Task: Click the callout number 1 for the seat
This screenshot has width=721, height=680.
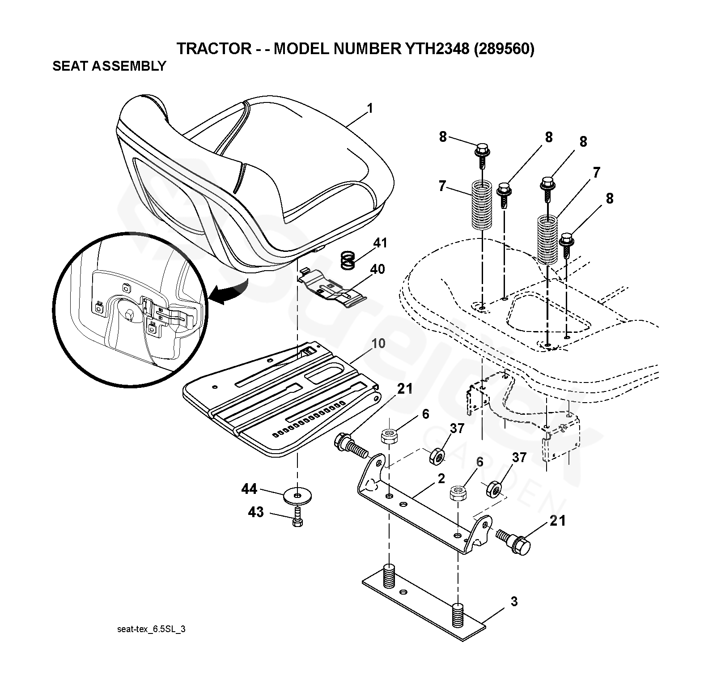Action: coord(369,108)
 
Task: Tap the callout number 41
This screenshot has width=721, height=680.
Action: coord(380,243)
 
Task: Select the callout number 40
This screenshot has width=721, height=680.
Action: coord(377,269)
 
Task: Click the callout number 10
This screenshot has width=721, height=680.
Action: coord(378,344)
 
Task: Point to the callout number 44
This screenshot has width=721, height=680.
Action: coord(249,489)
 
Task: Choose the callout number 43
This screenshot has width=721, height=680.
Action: coord(255,512)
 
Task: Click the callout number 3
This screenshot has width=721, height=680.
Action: coord(514,602)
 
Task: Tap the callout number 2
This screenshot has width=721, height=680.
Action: coord(441,478)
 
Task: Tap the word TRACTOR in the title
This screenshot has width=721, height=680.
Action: coord(214,48)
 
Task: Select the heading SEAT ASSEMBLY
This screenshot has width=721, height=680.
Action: coord(109,66)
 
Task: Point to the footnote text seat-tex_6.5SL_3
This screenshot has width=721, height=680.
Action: coord(151,629)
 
